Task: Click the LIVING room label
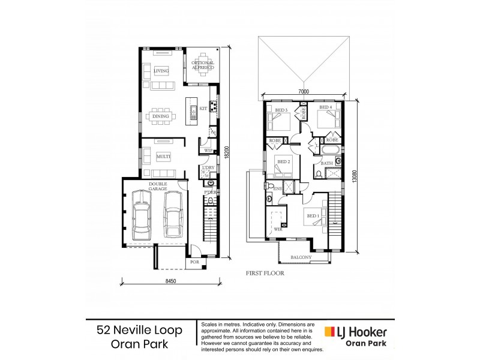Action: tap(161, 71)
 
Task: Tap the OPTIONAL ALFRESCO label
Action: tap(203, 66)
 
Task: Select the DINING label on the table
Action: tap(160, 116)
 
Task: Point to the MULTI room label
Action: tap(163, 156)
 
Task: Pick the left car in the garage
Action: tap(142, 215)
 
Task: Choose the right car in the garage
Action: tap(173, 215)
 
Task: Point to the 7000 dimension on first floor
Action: tap(302, 92)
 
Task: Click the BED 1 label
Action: tap(313, 216)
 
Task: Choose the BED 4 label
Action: tap(325, 108)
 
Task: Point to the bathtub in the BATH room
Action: tap(330, 150)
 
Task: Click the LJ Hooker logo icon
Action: tap(329, 331)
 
